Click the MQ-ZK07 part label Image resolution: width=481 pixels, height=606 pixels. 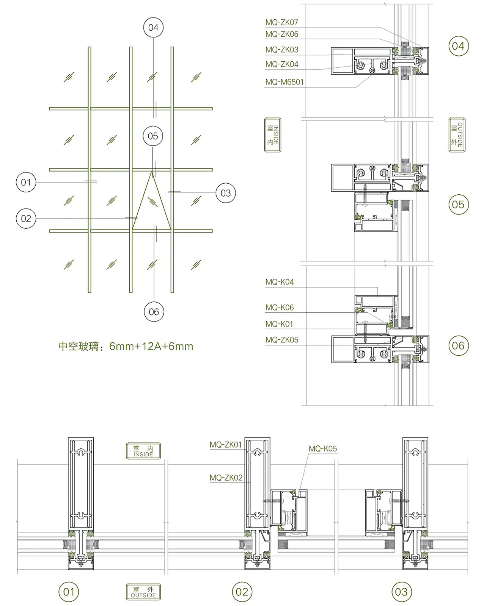[281, 22]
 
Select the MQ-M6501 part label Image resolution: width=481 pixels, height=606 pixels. [285, 82]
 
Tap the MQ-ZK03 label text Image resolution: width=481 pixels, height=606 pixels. [281, 50]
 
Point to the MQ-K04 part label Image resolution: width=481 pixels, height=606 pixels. [279, 282]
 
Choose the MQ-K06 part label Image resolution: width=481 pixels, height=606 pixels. [279, 307]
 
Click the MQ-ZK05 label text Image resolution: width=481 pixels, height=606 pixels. [281, 340]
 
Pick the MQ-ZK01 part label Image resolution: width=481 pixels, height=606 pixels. [226, 445]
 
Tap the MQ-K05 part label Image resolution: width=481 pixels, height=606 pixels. [322, 448]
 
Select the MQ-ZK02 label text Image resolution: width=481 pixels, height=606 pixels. [226, 478]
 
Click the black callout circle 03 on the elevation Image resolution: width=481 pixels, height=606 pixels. [225, 193]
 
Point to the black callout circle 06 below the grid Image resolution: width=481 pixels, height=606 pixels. [154, 311]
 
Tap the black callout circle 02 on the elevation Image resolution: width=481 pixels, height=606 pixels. [26, 219]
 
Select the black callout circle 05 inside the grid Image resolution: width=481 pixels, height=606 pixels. [152, 136]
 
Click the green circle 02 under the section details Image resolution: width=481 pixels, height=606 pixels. [242, 592]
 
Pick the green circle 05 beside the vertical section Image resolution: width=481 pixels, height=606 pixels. [459, 205]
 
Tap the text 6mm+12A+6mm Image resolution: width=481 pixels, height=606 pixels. [151, 346]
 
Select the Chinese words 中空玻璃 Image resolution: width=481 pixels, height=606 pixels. [79, 346]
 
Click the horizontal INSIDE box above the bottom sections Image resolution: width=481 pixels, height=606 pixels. [143, 451]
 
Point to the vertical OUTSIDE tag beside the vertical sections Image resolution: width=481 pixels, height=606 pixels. [457, 135]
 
